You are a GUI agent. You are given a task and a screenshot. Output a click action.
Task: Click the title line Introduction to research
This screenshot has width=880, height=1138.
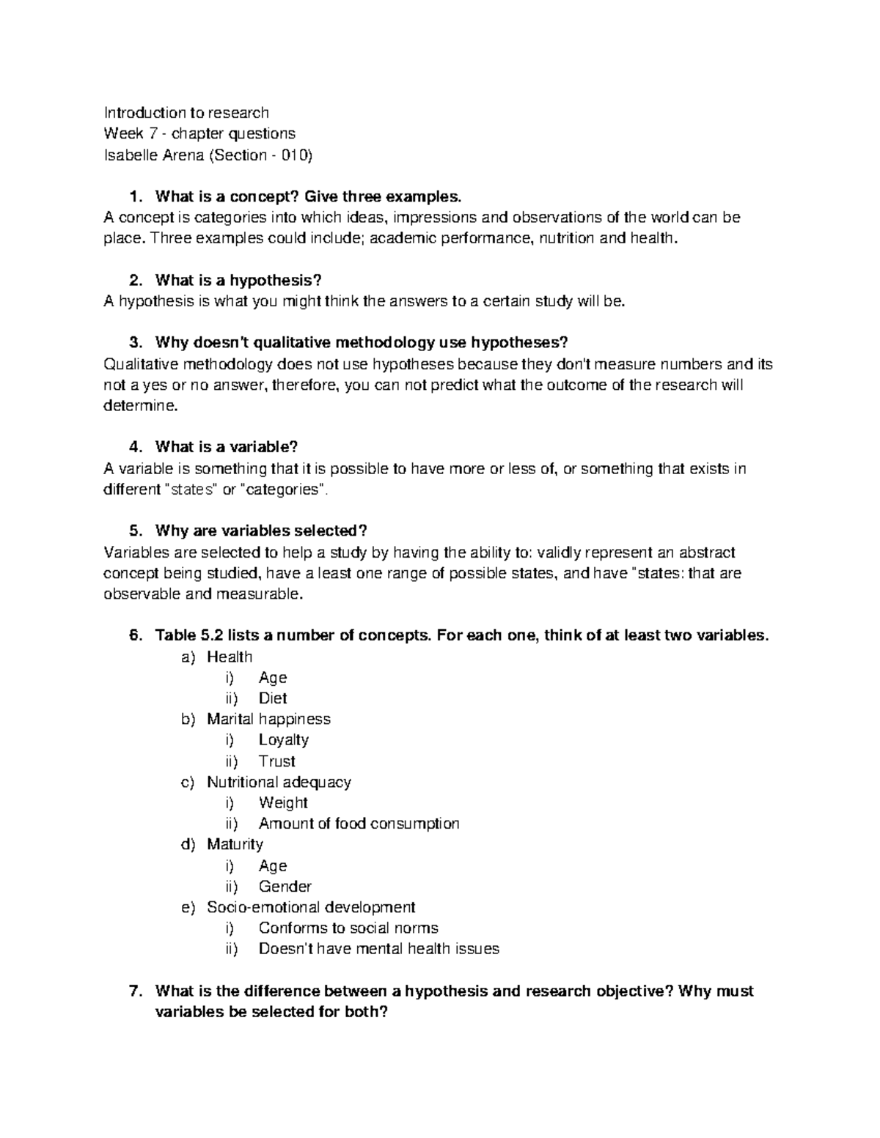pos(186,113)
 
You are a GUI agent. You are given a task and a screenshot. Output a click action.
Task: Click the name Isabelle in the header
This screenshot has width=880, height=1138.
pos(131,155)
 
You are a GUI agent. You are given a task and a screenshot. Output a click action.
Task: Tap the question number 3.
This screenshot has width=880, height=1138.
pos(133,343)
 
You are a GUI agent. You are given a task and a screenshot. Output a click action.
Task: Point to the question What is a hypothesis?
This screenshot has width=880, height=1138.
pos(238,280)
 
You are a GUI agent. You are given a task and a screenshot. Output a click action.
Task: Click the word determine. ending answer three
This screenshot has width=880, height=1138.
pos(141,406)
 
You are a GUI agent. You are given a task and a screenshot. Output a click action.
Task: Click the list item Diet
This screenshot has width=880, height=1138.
pos(272,698)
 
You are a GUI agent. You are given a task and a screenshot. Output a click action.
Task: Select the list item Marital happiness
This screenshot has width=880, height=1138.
pos(268,719)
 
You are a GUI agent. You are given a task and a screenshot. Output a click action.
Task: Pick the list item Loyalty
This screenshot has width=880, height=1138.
pos(283,740)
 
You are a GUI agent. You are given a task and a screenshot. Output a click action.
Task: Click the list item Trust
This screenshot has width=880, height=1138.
pos(276,761)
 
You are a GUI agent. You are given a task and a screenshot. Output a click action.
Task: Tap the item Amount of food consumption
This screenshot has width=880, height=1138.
pos(359,824)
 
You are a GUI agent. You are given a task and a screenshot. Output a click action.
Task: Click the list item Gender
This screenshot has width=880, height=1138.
pos(285,887)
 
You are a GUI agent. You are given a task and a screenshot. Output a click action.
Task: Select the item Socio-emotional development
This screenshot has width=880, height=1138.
pos(311,907)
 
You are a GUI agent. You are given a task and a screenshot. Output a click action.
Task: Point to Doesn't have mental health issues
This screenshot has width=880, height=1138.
pos(378,949)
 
